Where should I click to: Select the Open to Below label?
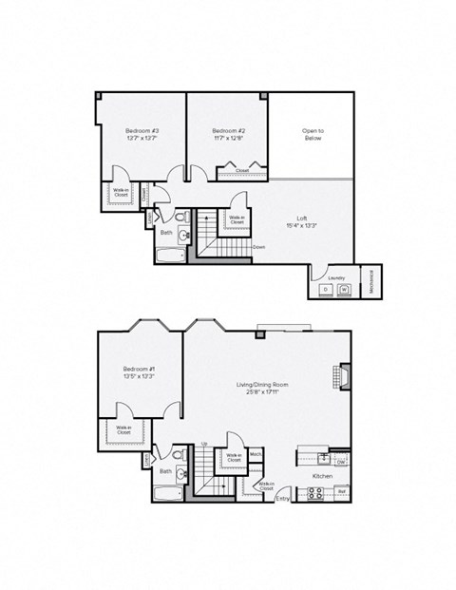point(313,134)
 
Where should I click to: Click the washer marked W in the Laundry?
point(344,289)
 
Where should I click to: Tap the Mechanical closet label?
point(370,280)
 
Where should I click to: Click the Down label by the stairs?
point(258,246)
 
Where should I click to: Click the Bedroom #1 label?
point(140,368)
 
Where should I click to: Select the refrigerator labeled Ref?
point(341,491)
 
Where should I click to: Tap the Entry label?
point(282,498)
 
